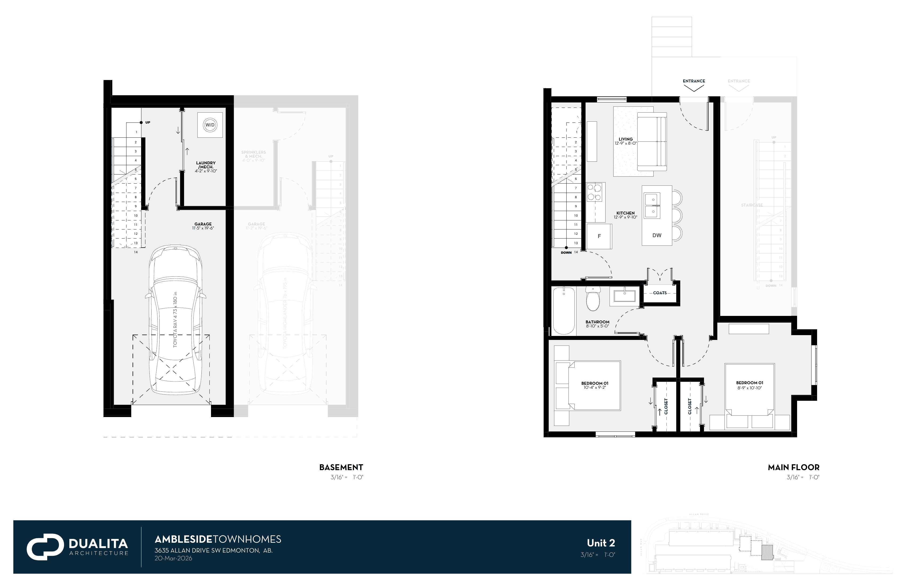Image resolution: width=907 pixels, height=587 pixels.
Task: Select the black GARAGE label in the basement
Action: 203,224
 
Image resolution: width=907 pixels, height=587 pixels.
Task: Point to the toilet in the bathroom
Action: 592,299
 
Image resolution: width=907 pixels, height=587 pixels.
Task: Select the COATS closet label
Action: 660,293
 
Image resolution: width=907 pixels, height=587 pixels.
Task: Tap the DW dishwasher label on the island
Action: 657,235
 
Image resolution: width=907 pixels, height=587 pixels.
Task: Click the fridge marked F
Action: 599,236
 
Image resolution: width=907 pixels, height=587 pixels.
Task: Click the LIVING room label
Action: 625,139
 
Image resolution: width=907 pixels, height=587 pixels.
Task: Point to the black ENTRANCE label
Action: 694,81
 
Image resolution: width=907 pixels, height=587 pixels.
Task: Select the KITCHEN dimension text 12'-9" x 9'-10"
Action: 625,217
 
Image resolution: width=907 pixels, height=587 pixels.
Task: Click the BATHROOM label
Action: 597,322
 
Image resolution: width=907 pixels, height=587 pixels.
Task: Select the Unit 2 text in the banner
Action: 600,543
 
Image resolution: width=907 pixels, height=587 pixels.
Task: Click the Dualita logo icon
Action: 45,547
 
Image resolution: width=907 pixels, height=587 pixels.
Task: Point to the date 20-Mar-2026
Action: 173,558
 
